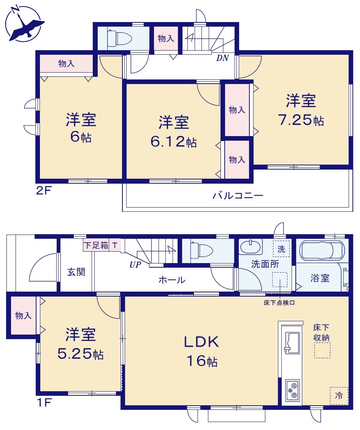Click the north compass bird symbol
(26, 27)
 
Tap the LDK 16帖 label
(202, 351)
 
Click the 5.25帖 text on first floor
(80, 354)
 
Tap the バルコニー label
(238, 195)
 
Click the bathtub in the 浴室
(322, 250)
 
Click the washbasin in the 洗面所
(251, 246)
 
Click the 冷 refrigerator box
(339, 396)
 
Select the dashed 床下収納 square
(322, 350)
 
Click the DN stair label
(222, 58)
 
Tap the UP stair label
(135, 265)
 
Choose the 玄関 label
(76, 272)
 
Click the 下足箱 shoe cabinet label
(96, 245)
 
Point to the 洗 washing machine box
(281, 249)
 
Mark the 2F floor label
(44, 190)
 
